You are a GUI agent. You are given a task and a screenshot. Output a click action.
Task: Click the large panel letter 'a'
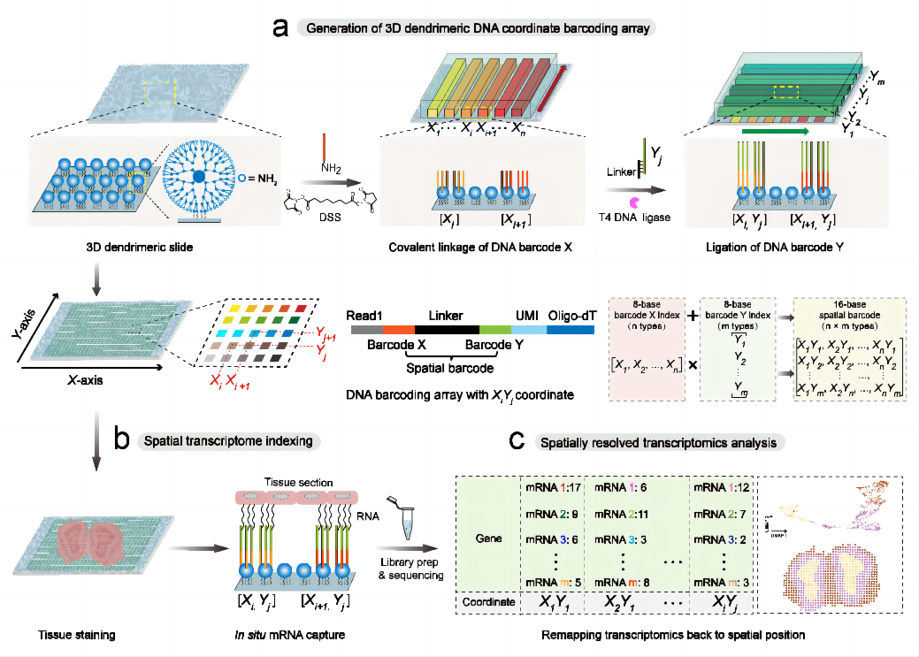click(280, 27)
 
